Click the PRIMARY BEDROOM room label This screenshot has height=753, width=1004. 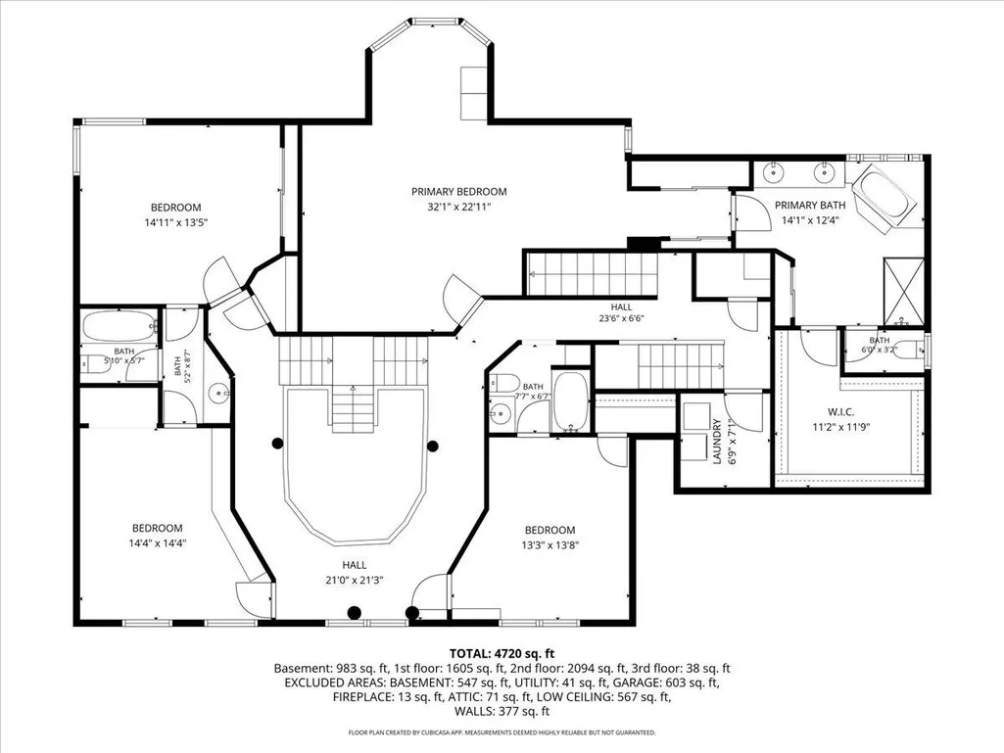click(x=458, y=192)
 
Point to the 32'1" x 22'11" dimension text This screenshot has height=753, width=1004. click(x=459, y=207)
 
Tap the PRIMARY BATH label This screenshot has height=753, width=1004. click(x=810, y=205)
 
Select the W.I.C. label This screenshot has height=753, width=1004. click(x=840, y=412)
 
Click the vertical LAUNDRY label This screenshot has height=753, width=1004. click(x=716, y=442)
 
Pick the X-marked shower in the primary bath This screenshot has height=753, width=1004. click(x=903, y=292)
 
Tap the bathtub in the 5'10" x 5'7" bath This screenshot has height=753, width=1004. click(x=120, y=326)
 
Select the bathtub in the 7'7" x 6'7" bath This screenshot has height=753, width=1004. click(x=570, y=400)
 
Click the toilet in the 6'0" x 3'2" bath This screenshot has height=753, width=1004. click(x=909, y=351)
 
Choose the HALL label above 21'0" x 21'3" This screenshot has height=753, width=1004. click(x=354, y=565)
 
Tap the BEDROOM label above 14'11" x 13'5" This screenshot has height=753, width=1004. click(x=176, y=208)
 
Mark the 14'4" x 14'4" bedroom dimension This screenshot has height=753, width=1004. click(x=158, y=543)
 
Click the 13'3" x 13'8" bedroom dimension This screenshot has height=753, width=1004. click(x=550, y=545)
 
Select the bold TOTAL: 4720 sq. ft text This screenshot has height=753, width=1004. click(x=502, y=654)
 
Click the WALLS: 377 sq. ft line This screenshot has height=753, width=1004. click(x=502, y=711)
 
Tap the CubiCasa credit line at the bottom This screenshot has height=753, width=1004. click(x=502, y=731)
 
